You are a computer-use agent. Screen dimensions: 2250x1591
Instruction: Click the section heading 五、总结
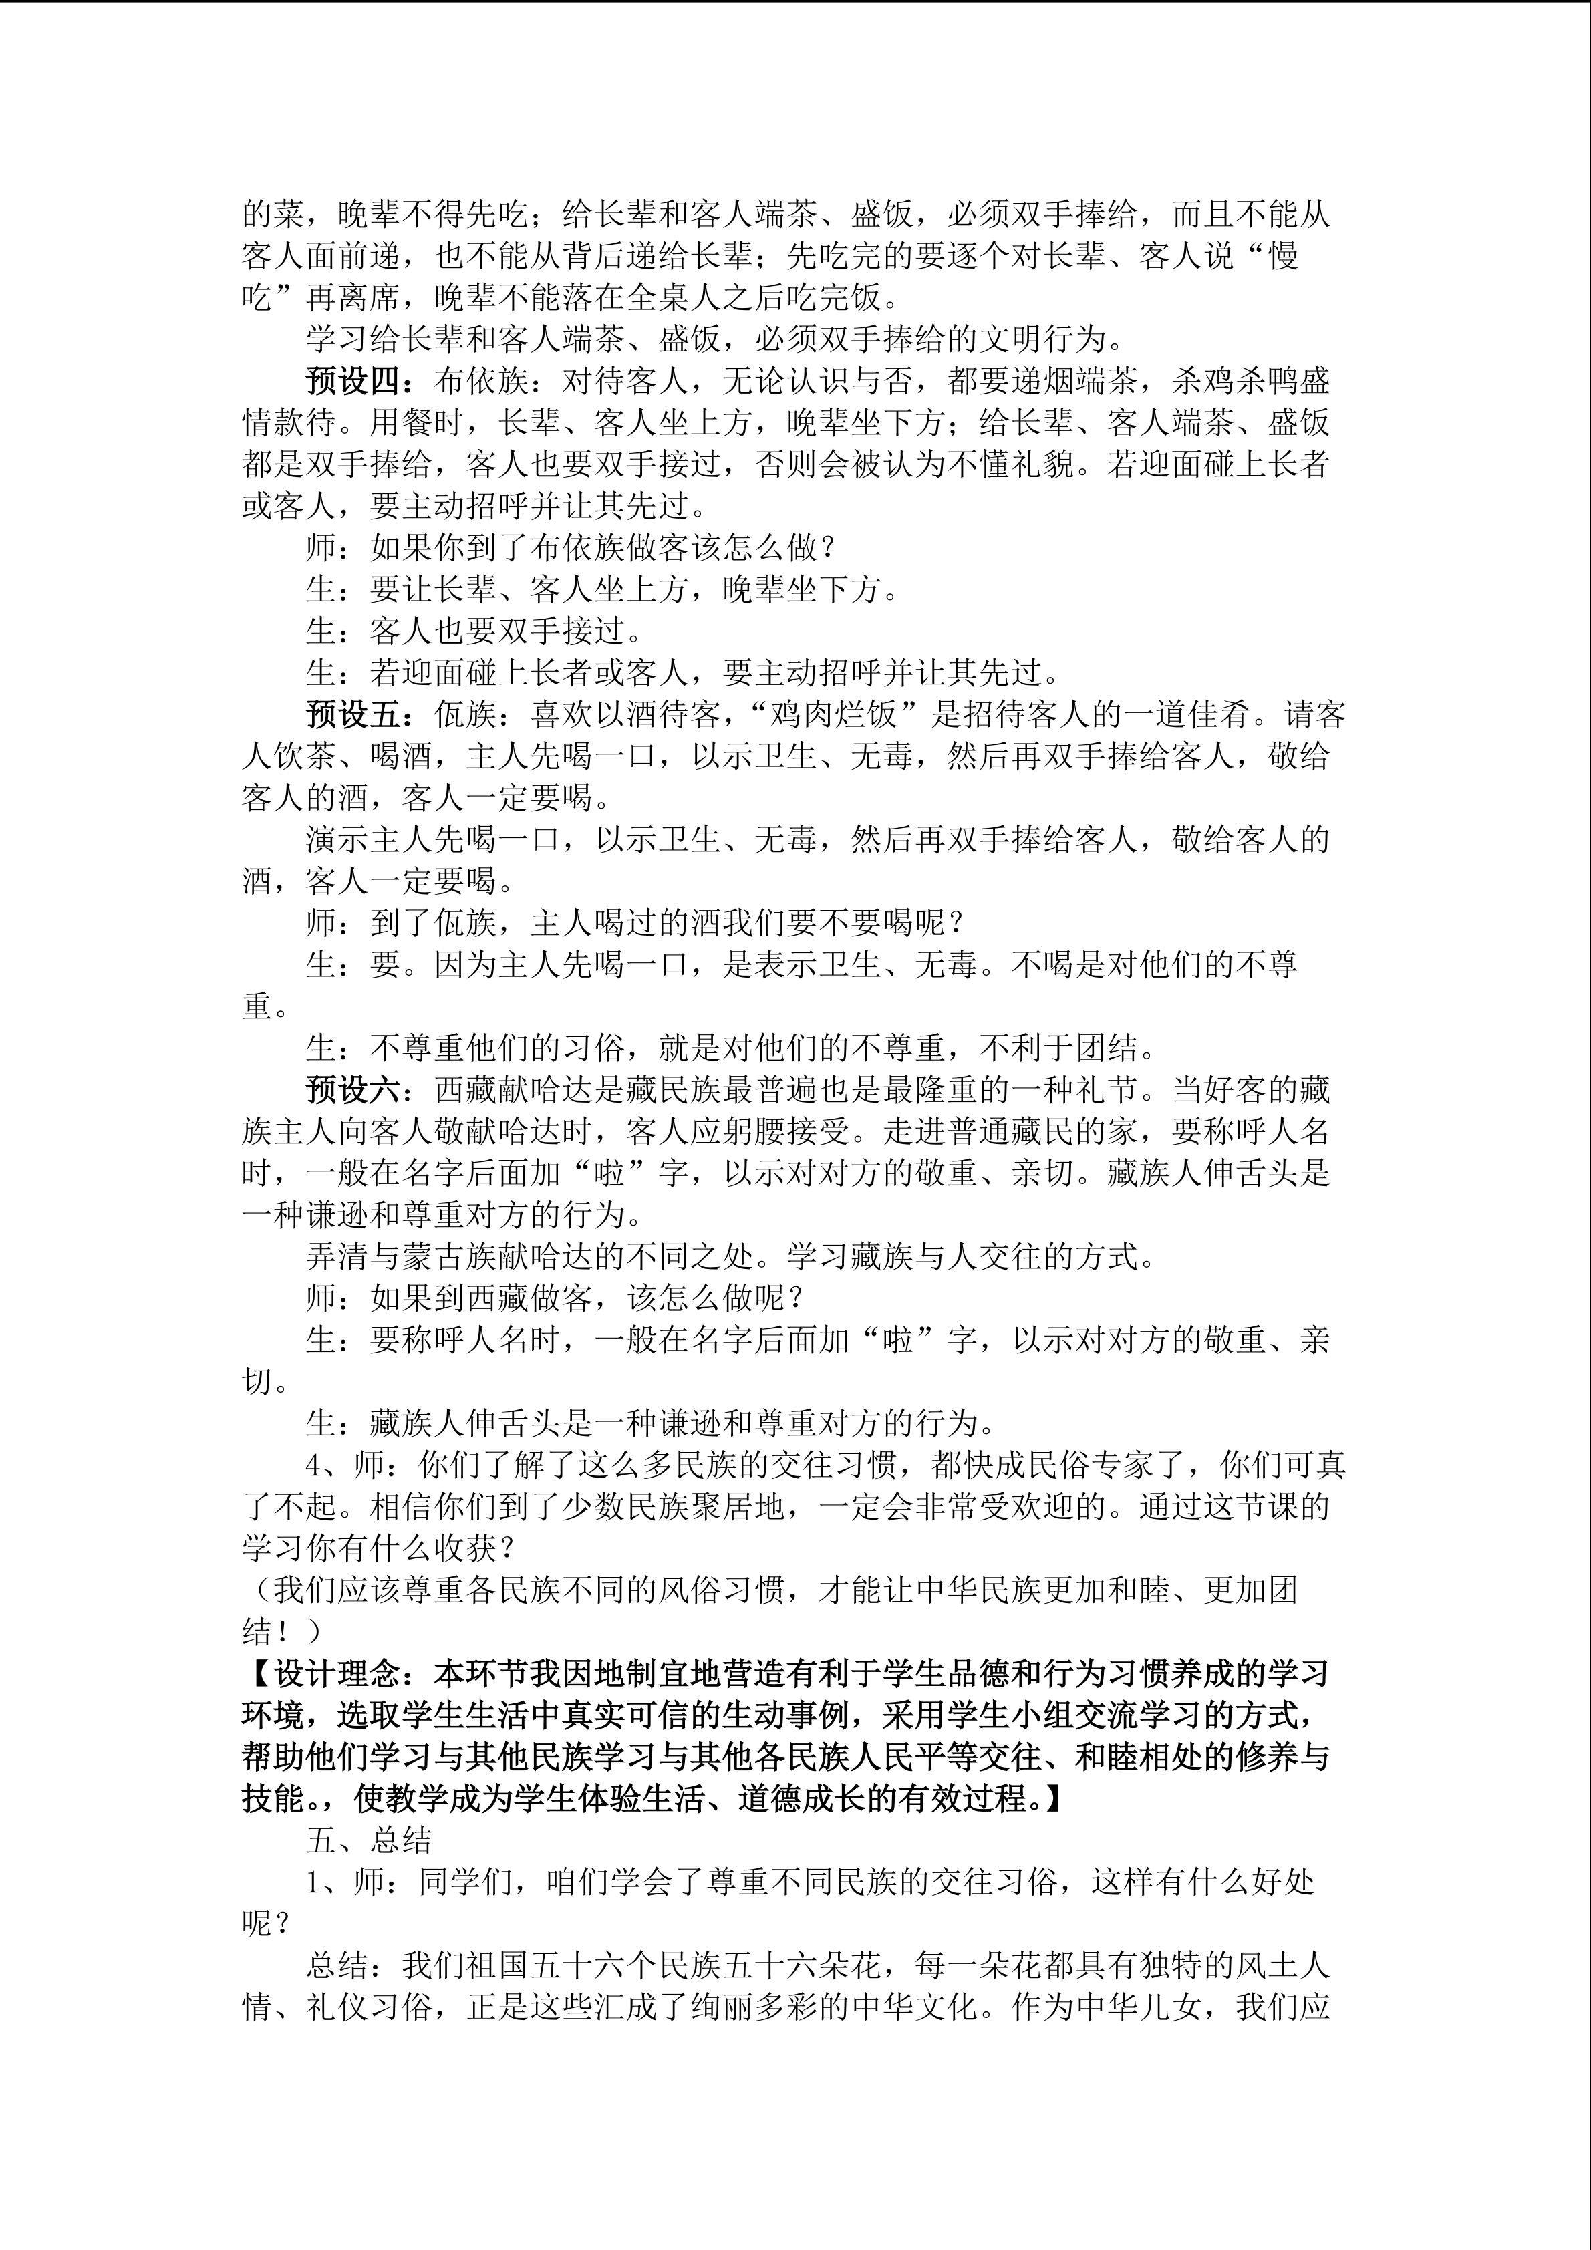(x=368, y=1841)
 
